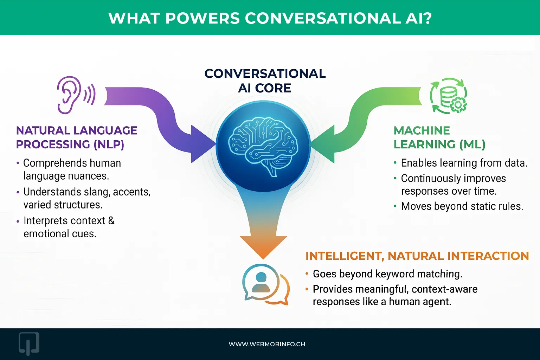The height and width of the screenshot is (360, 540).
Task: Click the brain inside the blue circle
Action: [263, 146]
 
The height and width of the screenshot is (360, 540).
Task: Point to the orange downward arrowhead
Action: [263, 246]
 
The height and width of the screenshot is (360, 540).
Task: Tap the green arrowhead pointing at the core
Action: [323, 144]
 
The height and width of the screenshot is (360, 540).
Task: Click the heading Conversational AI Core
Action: [265, 81]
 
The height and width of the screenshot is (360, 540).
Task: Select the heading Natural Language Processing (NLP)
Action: [76, 137]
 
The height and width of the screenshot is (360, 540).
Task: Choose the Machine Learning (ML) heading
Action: [439, 137]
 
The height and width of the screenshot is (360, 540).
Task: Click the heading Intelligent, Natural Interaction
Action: [417, 256]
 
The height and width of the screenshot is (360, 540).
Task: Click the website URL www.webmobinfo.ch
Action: [267, 344]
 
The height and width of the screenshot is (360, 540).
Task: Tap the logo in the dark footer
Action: [29, 343]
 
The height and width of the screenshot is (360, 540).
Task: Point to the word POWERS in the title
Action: [202, 18]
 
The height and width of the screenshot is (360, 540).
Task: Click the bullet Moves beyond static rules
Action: [462, 206]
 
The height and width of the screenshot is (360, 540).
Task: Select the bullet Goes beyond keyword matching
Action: [387, 274]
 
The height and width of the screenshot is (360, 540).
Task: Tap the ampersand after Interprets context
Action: [111, 221]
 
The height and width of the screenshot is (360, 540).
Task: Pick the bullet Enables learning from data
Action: [464, 163]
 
